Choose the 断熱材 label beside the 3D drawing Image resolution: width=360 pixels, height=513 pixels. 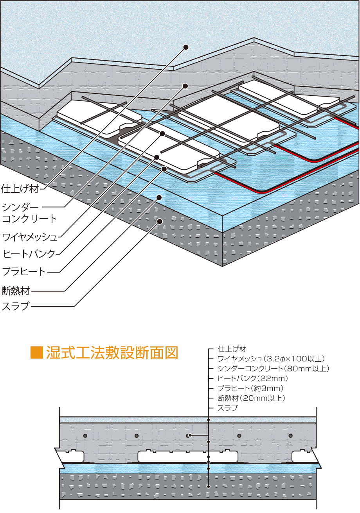[x=16, y=291]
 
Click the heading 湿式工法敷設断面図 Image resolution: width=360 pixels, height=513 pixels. [x=112, y=352]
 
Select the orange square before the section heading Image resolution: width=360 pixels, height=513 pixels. [x=36, y=353]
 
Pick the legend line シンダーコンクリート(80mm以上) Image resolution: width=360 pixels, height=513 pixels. [x=274, y=369]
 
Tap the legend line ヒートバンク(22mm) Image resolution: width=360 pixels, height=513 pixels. [x=253, y=378]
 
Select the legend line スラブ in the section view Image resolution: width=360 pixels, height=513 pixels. [x=227, y=408]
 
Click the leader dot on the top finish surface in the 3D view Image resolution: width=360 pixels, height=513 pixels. [x=186, y=47]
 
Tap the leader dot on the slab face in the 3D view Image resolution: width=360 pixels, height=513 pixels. [x=159, y=221]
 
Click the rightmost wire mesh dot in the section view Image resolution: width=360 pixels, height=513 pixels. [x=290, y=436]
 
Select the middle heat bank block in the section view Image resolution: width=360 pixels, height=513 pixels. [x=188, y=456]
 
